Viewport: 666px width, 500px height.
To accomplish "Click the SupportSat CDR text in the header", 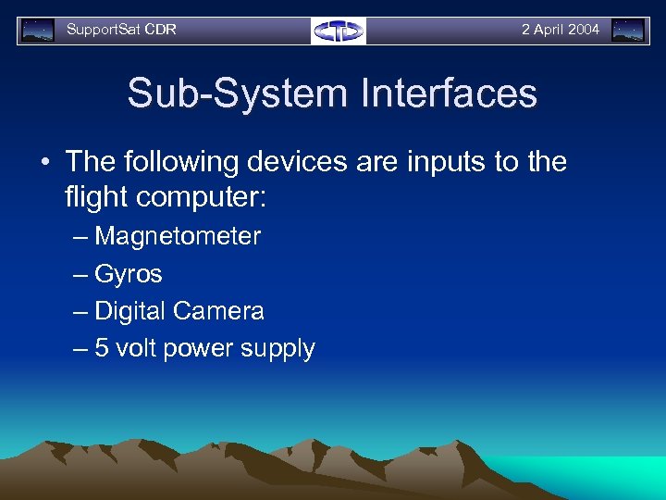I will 121,30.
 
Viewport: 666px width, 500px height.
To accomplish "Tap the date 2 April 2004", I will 560,30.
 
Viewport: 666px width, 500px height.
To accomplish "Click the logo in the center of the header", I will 339,31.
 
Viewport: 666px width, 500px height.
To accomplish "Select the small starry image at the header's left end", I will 38,31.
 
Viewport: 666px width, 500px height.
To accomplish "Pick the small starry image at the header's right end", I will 628,31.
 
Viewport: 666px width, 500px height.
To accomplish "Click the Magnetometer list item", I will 178,236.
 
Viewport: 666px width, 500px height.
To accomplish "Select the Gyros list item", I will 129,274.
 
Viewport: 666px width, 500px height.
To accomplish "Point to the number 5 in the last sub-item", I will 102,348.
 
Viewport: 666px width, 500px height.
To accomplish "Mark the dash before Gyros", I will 80,274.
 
